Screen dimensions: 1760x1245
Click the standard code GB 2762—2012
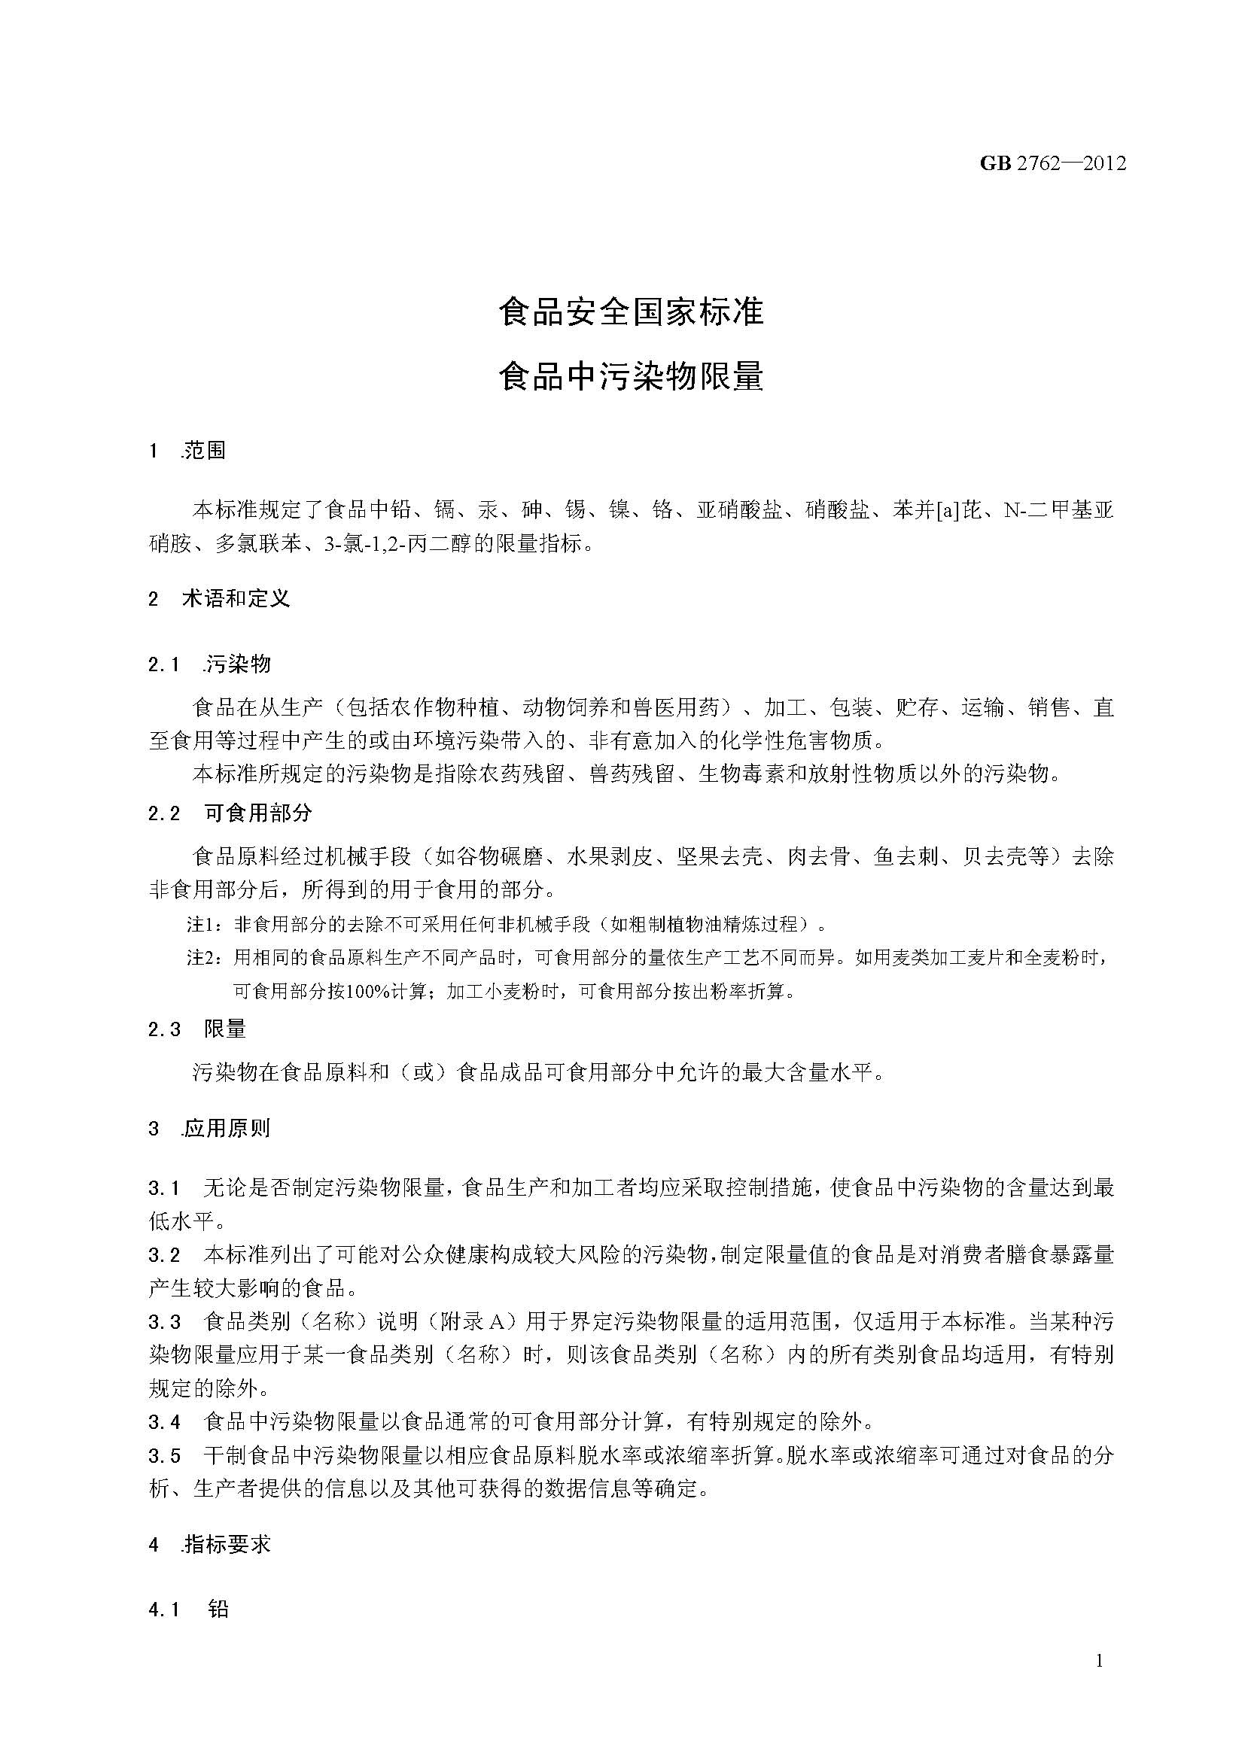pyautogui.click(x=1052, y=163)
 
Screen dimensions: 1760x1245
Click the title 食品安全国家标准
pyautogui.click(x=631, y=312)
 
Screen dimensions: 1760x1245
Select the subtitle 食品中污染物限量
pyautogui.click(x=631, y=375)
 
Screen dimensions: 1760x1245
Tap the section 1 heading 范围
pyautogui.click(x=205, y=451)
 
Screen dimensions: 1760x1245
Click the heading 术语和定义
pyautogui.click(x=236, y=599)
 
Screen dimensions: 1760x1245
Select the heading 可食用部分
pyautogui.click(x=258, y=813)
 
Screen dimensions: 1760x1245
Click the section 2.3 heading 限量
pyautogui.click(x=225, y=1029)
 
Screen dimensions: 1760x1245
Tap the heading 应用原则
pyautogui.click(x=227, y=1129)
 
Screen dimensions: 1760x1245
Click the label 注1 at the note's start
pyautogui.click(x=202, y=926)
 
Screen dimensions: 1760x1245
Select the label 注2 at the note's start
pyautogui.click(x=202, y=958)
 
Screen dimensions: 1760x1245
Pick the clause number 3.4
pyautogui.click(x=164, y=1422)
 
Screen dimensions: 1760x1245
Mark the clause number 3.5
pyautogui.click(x=164, y=1456)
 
